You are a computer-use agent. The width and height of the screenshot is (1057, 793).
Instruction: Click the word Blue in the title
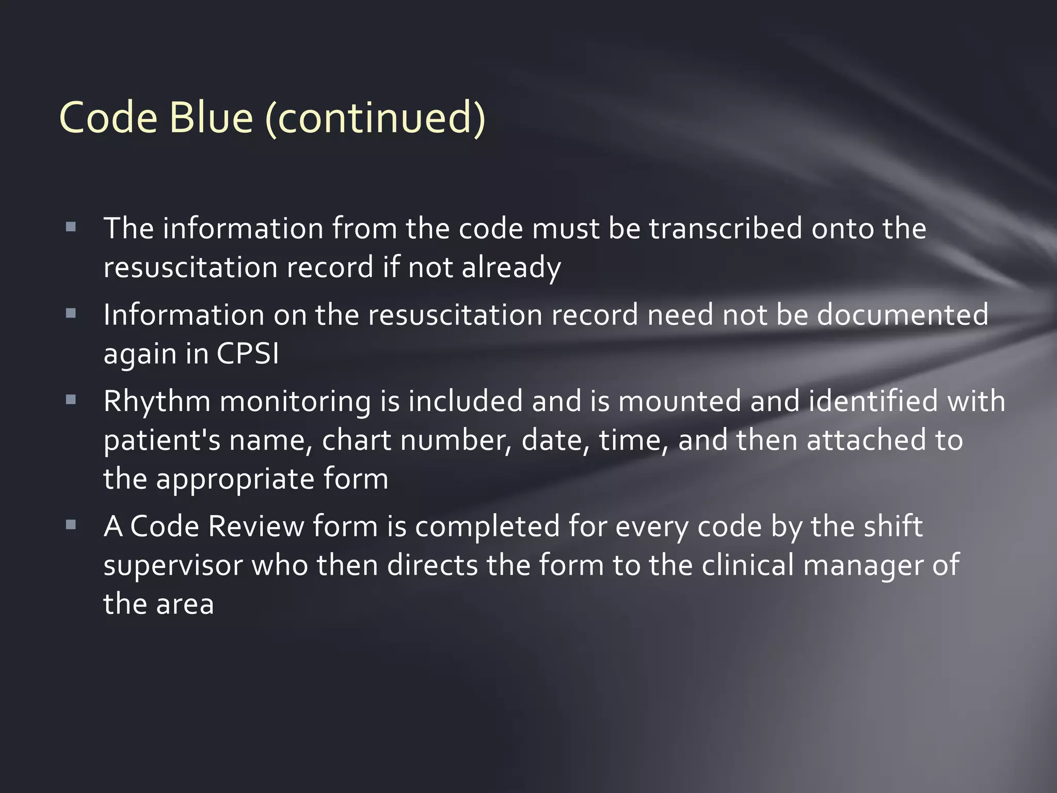pos(211,118)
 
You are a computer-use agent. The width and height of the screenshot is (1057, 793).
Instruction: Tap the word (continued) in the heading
pos(375,118)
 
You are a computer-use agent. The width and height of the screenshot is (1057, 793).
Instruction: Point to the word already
pos(511,268)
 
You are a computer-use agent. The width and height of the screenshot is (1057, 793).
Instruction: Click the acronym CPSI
pos(248,354)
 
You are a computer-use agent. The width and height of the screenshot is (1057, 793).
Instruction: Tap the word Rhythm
pos(157,402)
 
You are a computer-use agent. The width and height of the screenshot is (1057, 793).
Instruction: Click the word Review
pos(255,527)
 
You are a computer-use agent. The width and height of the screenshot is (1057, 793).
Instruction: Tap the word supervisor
pos(173,566)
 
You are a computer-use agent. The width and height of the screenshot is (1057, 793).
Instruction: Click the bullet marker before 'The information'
pos(71,227)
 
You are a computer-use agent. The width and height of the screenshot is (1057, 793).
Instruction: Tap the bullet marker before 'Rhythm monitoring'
pos(71,400)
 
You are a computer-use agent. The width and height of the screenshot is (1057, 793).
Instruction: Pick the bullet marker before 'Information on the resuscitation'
pos(71,313)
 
